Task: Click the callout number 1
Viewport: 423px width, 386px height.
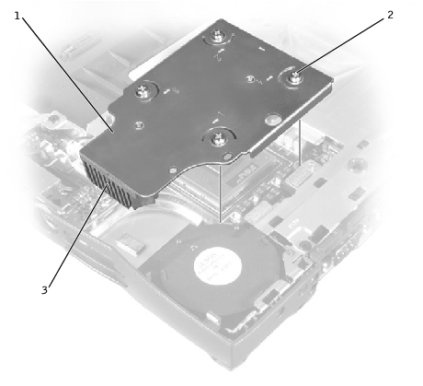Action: [x=17, y=16]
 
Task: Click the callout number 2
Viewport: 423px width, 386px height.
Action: [x=390, y=15]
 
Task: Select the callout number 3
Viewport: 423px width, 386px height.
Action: [x=45, y=290]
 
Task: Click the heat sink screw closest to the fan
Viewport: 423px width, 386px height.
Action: [x=219, y=138]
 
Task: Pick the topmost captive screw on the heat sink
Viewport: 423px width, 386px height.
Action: [x=218, y=35]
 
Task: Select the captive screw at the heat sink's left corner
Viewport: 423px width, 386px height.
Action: [x=143, y=90]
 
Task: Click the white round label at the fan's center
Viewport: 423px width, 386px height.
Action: [x=217, y=266]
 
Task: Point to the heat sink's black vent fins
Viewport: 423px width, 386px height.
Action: [x=108, y=181]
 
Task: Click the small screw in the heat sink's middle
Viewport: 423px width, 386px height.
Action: [x=250, y=79]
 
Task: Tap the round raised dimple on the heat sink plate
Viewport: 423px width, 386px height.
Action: [x=273, y=120]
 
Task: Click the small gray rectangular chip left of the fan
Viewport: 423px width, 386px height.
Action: [x=129, y=244]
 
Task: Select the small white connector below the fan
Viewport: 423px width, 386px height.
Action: [x=213, y=318]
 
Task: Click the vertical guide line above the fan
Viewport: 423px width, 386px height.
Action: [x=220, y=194]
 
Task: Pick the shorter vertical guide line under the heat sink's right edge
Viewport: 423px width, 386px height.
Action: [x=299, y=143]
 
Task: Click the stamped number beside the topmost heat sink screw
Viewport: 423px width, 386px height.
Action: [x=219, y=55]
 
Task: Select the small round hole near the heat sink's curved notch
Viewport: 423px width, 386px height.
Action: [x=227, y=157]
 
